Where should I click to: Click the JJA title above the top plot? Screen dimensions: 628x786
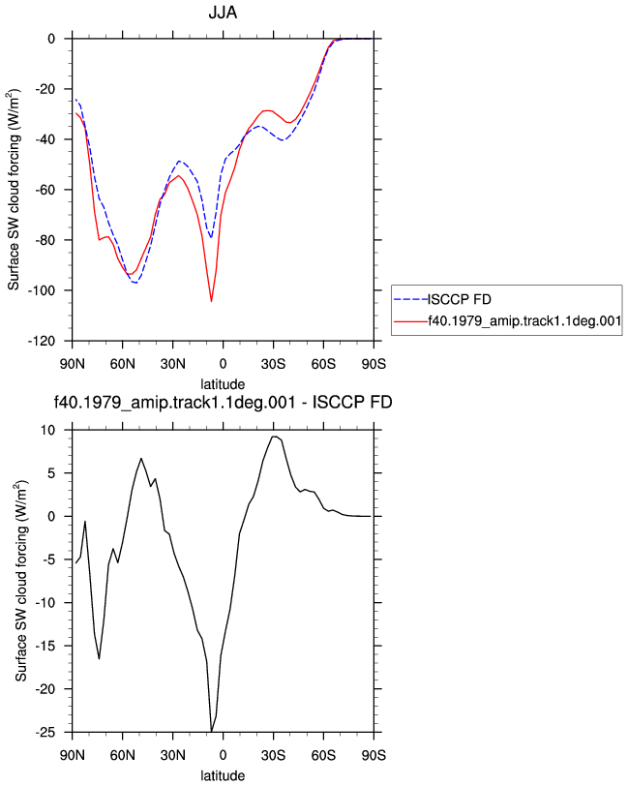(x=223, y=12)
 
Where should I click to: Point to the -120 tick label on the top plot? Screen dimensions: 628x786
(x=42, y=341)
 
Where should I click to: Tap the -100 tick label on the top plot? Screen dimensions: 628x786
(x=42, y=290)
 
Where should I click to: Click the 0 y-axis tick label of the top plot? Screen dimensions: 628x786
(x=51, y=39)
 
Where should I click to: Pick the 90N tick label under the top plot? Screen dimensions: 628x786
(x=73, y=363)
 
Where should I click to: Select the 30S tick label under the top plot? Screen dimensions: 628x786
(x=273, y=363)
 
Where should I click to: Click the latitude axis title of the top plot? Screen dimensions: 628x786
(x=223, y=384)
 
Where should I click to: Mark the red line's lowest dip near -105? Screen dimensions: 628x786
(x=212, y=301)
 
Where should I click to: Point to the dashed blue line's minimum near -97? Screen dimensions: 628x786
(x=135, y=283)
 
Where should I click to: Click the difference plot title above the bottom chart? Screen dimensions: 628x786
(x=223, y=402)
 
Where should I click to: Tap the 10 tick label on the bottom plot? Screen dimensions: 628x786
(x=48, y=430)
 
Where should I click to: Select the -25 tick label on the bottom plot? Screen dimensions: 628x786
(x=45, y=733)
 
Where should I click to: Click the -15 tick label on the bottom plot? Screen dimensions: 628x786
(x=45, y=647)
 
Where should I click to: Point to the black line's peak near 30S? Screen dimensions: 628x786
(x=274, y=437)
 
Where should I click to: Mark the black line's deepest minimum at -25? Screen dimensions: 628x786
(x=212, y=732)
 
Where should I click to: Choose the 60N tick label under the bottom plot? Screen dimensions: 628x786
(x=122, y=755)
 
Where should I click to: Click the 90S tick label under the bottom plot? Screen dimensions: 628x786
(x=374, y=755)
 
